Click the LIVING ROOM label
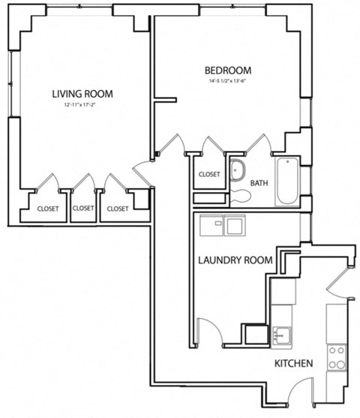click(82, 94)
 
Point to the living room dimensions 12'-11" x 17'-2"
click(82, 106)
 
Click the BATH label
click(259, 182)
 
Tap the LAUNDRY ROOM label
click(233, 260)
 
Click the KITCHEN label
click(293, 364)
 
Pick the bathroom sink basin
click(238, 169)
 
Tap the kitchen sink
click(283, 334)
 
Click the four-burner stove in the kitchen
click(337, 357)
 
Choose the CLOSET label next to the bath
click(209, 174)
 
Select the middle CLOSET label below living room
click(83, 209)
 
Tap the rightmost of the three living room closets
click(118, 209)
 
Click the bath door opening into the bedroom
click(259, 143)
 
